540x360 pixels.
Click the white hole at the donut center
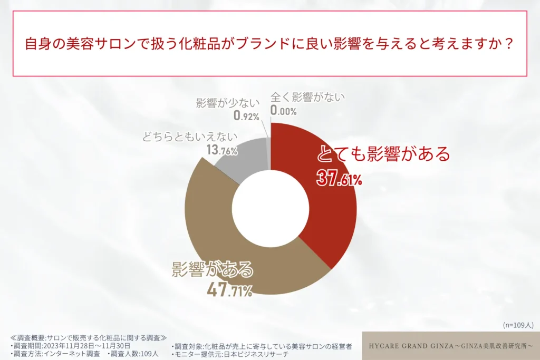click(x=271, y=208)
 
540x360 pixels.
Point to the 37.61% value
click(x=339, y=179)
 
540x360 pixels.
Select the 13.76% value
click(x=221, y=151)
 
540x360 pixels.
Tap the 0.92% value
click(x=246, y=115)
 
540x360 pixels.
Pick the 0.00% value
click(x=284, y=111)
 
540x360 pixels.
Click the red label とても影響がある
click(x=383, y=154)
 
